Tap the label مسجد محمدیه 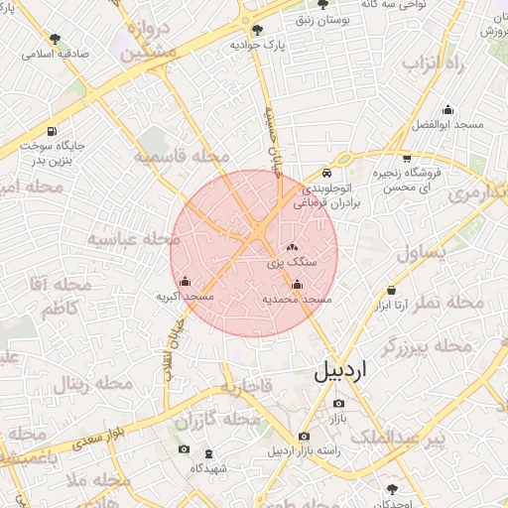coord(297,299)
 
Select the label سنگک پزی coord(293,263)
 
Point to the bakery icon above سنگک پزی coord(292,247)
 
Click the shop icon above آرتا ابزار coord(392,291)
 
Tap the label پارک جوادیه coord(258,45)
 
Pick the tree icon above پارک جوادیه coord(258,30)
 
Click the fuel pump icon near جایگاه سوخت coord(51,131)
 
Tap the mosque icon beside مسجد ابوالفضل coord(447,109)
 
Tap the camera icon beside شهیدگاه coord(184,450)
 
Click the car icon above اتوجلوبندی coord(341,158)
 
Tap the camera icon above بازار coord(338,404)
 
